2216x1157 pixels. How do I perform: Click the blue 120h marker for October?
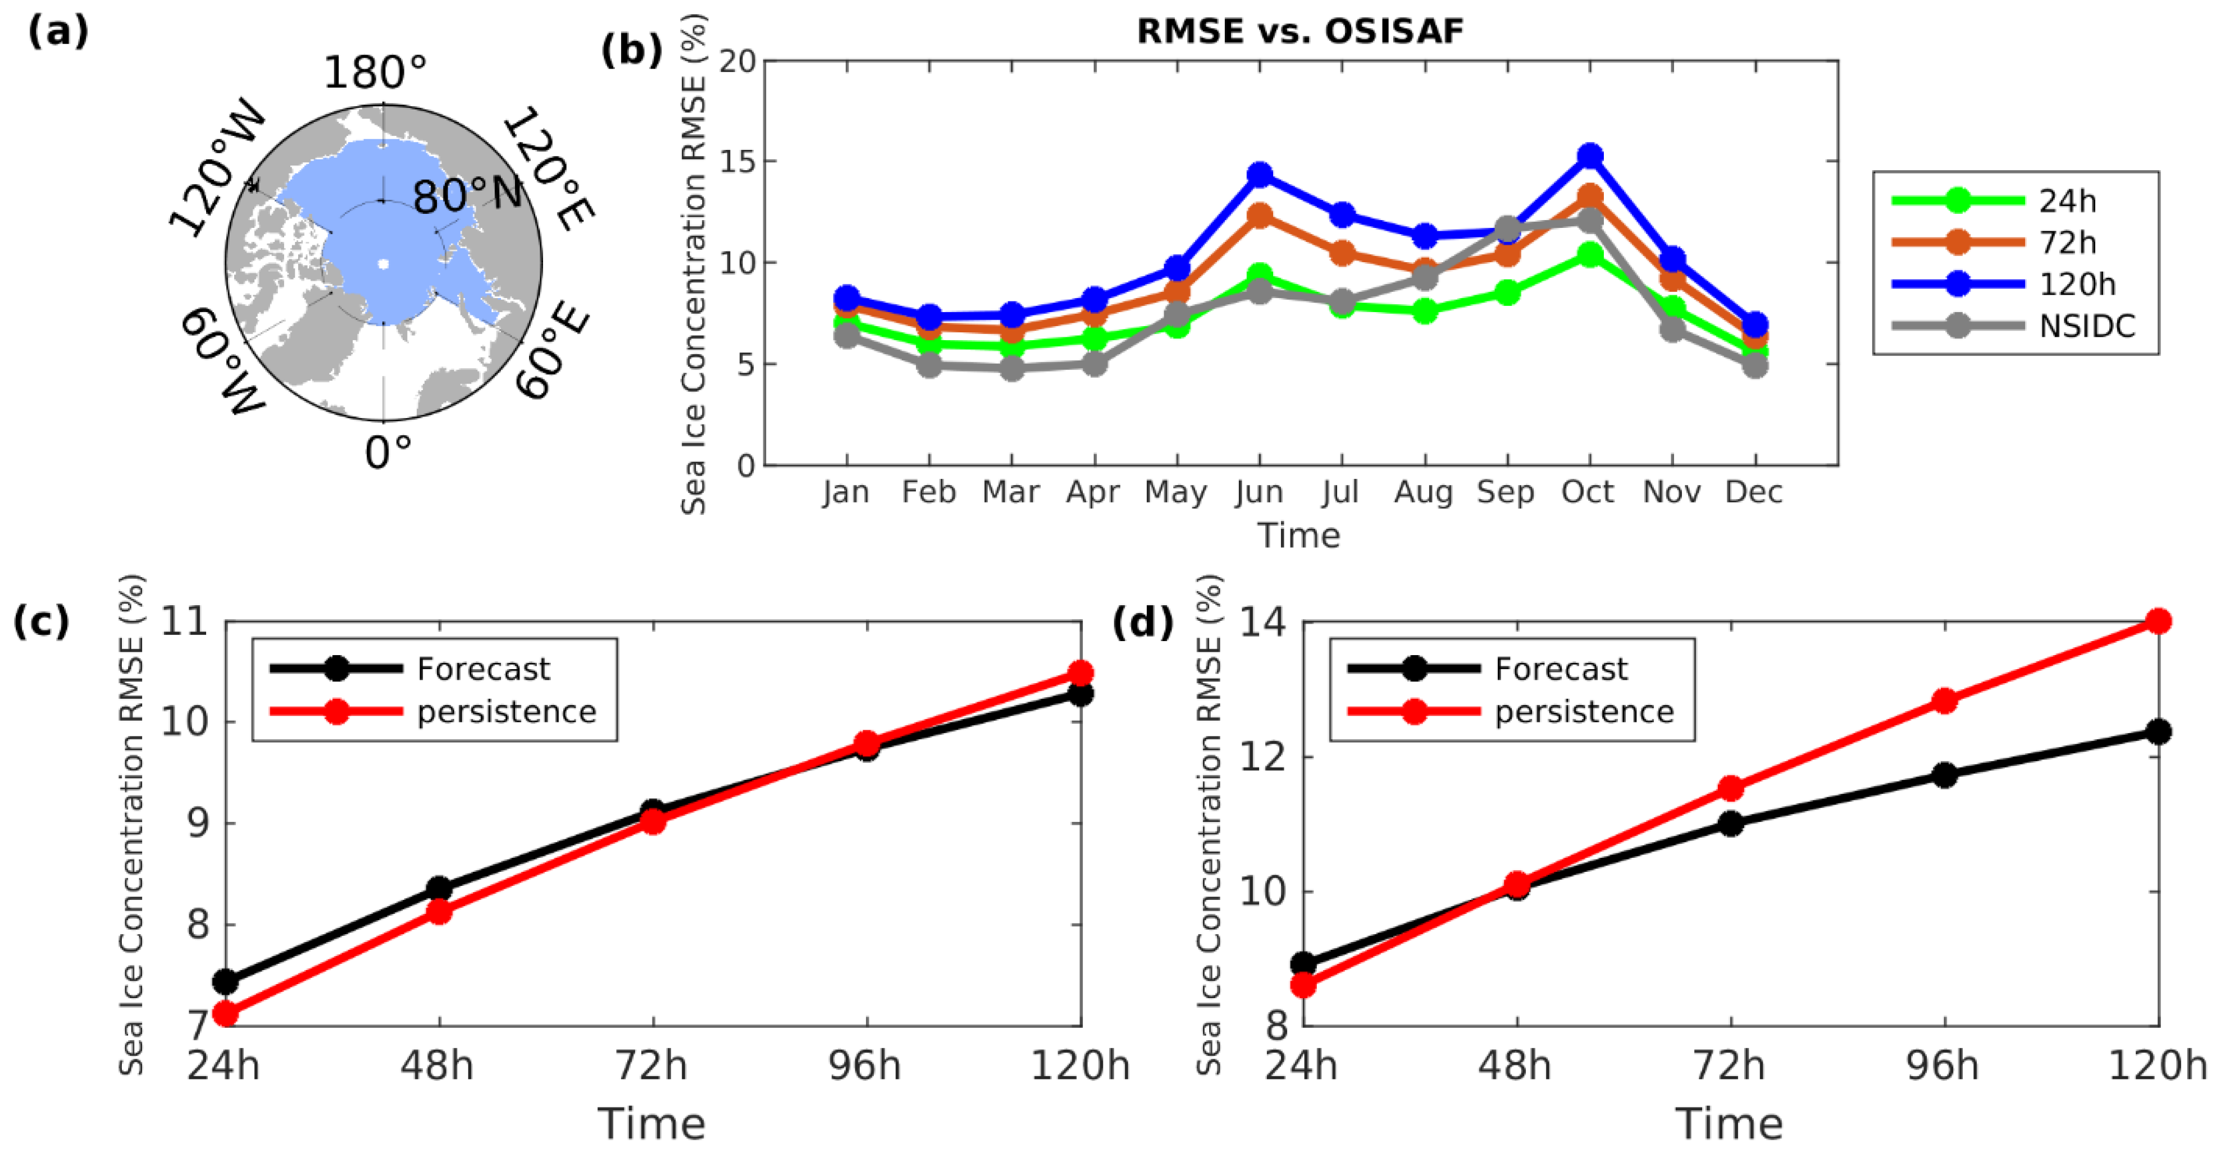(1590, 156)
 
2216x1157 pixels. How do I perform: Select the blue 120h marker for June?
(1260, 175)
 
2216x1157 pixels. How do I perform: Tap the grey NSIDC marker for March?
(1011, 368)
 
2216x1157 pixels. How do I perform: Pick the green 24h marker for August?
(1425, 310)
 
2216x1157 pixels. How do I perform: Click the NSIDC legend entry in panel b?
(2086, 326)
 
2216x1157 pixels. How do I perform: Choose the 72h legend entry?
(2067, 243)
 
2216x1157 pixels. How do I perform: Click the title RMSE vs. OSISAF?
(1300, 31)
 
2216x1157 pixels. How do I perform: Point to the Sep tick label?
(1506, 492)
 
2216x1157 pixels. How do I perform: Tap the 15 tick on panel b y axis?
(737, 162)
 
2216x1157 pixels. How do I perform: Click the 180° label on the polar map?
(375, 72)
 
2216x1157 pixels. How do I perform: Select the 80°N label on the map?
(467, 196)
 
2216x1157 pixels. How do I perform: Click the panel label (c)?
(40, 621)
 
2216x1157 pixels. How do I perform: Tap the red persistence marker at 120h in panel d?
(2158, 621)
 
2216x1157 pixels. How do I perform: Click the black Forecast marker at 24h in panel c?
(225, 981)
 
